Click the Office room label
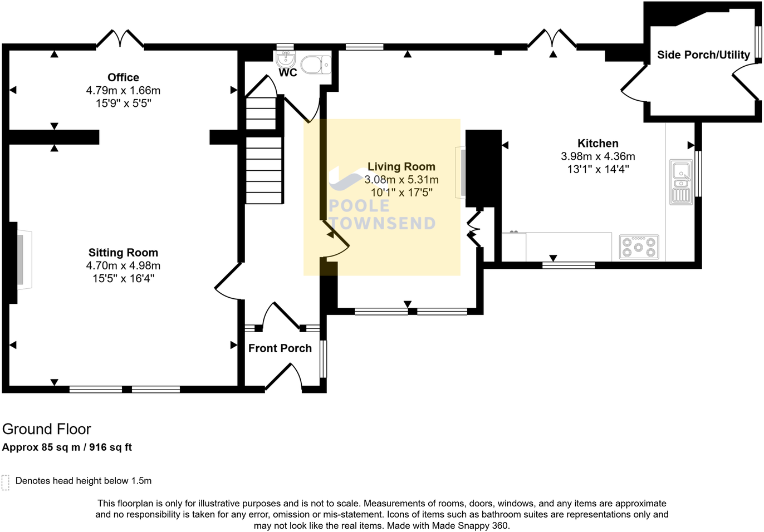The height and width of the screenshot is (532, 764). (x=123, y=77)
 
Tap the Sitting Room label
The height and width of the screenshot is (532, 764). (x=123, y=253)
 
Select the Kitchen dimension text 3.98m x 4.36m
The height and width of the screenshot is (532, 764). (x=598, y=156)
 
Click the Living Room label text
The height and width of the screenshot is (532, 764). (x=401, y=166)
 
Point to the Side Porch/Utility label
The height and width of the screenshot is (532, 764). (x=703, y=55)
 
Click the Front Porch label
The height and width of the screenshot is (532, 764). (x=280, y=348)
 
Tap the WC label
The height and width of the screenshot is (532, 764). (x=288, y=73)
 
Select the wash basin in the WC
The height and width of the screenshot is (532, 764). (x=286, y=58)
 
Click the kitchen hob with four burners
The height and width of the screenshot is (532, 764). (x=639, y=247)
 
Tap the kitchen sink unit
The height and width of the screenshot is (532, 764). (x=681, y=183)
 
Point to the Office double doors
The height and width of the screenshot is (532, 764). (x=120, y=39)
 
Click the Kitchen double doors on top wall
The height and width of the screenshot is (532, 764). (x=552, y=39)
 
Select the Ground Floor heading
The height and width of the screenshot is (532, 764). (x=46, y=429)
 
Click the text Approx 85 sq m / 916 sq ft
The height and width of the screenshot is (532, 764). (x=67, y=447)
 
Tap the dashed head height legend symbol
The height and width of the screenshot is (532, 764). (x=6, y=482)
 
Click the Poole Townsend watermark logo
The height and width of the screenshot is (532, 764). (x=381, y=200)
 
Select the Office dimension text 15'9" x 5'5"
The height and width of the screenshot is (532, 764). (x=123, y=103)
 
